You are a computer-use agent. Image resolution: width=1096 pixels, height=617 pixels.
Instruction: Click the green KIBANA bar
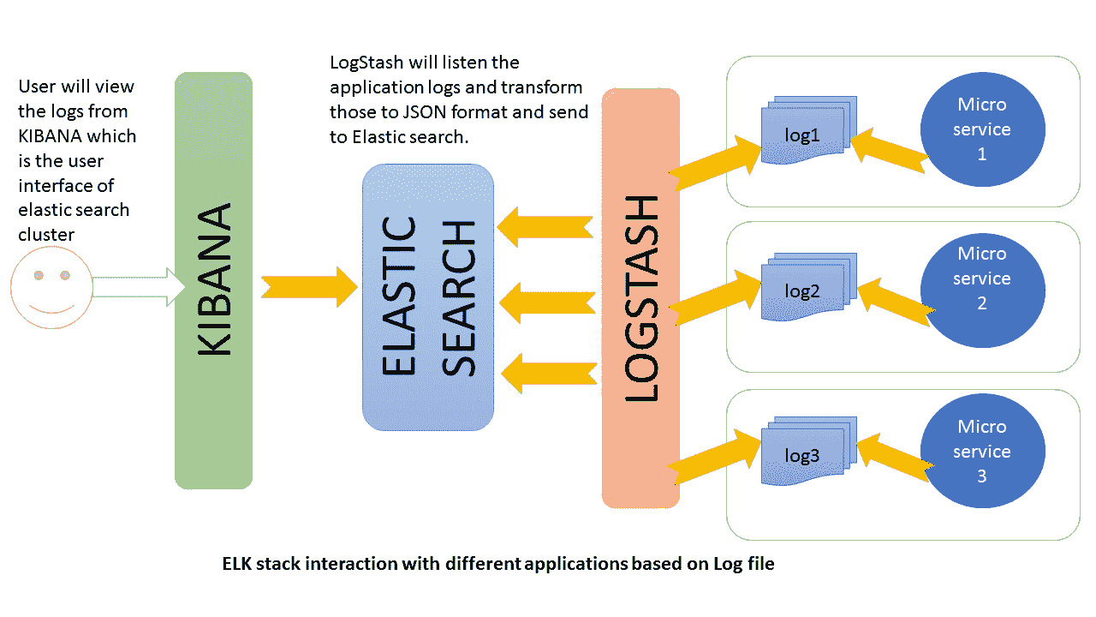213,280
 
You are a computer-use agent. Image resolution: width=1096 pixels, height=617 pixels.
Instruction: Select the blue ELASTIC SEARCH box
428,297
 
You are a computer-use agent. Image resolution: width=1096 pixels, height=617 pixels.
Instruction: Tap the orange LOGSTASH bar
640,298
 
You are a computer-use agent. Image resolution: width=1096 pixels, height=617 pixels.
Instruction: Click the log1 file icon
809,130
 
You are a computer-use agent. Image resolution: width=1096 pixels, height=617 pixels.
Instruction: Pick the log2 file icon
809,287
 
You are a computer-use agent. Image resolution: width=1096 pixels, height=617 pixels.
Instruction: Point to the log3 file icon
809,451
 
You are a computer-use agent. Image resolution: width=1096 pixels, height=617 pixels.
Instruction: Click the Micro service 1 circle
982,129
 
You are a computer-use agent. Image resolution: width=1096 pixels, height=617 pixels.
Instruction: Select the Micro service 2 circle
982,291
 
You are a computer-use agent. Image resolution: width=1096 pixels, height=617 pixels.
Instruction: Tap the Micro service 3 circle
982,451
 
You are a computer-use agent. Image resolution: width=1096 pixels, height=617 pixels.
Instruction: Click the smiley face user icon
52,287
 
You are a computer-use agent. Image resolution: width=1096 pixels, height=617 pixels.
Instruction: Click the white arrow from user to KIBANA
139,287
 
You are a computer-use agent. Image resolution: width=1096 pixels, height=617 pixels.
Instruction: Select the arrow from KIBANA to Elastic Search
309,287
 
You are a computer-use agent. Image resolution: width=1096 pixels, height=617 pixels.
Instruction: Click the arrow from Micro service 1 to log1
890,151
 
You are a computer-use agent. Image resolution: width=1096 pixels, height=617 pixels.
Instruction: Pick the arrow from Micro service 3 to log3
896,458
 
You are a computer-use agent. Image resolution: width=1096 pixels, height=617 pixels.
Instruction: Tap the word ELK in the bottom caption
237,564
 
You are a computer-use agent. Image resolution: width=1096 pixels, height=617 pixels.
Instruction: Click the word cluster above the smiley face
46,235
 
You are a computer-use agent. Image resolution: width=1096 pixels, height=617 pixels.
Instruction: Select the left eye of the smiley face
39,275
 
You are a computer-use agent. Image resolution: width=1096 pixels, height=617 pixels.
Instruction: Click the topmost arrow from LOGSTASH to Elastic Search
545,227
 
